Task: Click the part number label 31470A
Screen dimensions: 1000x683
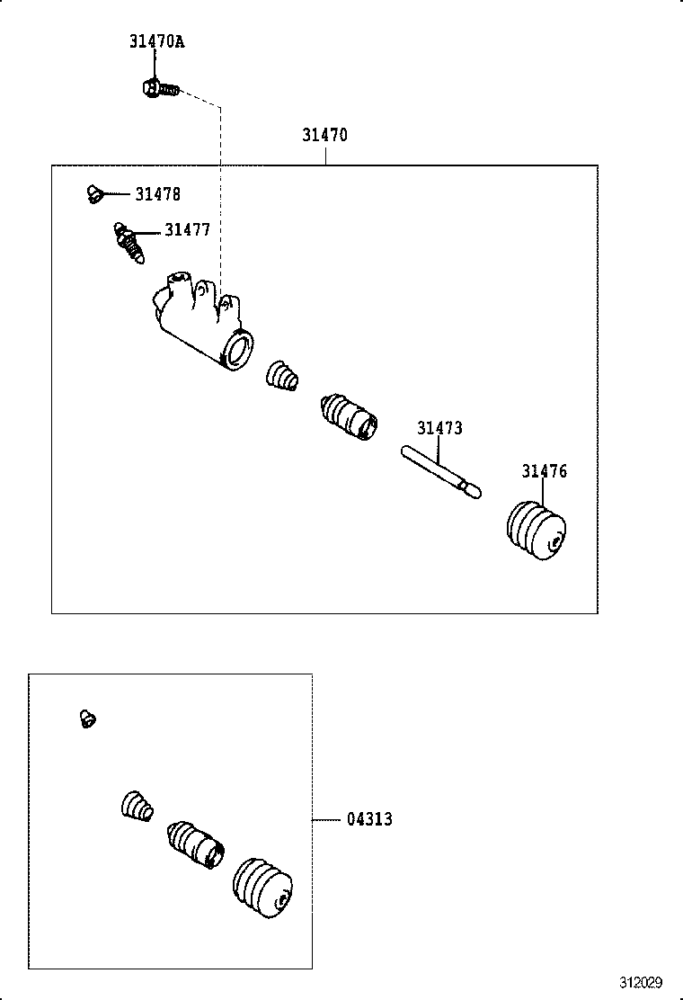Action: (156, 42)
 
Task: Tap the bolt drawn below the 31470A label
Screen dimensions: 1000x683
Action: (158, 88)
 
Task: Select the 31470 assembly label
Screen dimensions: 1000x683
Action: (324, 136)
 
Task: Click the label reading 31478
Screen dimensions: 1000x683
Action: (157, 194)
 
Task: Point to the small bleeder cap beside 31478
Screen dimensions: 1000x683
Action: (93, 192)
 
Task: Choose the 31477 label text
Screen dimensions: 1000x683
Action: (187, 231)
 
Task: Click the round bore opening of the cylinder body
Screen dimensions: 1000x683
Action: (238, 350)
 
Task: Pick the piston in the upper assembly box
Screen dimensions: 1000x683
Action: (349, 416)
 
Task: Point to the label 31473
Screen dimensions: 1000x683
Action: (439, 429)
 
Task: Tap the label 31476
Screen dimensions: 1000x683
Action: (545, 472)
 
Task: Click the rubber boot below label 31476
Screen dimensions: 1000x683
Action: (537, 531)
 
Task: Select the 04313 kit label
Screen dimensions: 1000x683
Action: (369, 820)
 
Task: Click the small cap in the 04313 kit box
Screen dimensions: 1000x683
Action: (87, 719)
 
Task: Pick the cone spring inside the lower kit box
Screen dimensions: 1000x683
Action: (137, 806)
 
